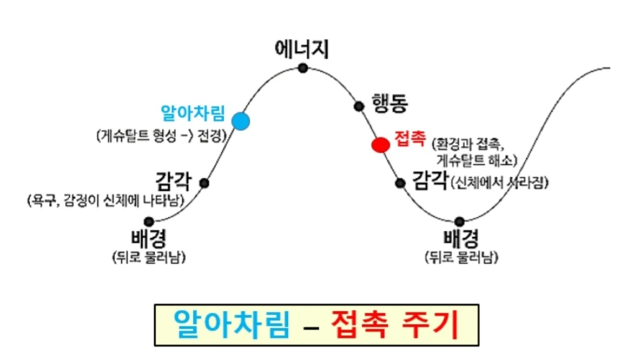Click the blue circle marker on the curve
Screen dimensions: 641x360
(x=241, y=121)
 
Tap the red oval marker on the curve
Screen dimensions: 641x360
(x=380, y=145)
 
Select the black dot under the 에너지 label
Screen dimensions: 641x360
(x=303, y=68)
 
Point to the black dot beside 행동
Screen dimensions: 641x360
(x=359, y=106)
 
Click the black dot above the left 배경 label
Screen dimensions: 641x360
(x=149, y=221)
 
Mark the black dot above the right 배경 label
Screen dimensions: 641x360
(x=460, y=221)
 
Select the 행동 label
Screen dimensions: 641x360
(x=390, y=104)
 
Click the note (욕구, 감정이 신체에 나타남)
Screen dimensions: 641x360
(x=106, y=199)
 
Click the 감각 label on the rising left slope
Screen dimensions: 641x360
(x=173, y=180)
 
